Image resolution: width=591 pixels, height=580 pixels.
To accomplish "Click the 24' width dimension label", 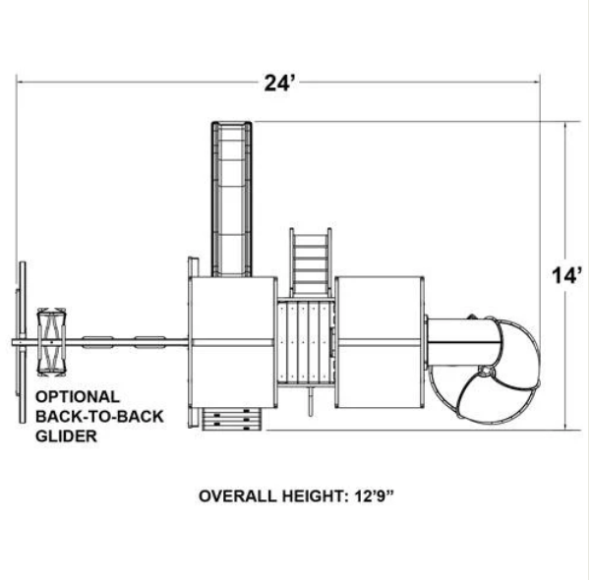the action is [278, 84].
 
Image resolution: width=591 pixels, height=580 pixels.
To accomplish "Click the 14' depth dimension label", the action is [566, 275].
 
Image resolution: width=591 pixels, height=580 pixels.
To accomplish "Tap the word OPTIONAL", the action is [78, 397].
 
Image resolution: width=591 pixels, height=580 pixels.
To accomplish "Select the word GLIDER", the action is [66, 436].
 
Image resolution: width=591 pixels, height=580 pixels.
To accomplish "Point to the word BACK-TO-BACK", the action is [99, 417].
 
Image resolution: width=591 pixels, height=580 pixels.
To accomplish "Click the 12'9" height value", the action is [374, 496].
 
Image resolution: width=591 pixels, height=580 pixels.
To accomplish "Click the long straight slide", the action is [232, 199].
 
